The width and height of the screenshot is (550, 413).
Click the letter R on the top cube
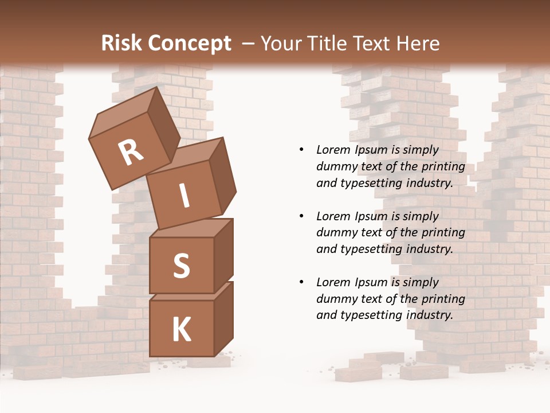(x=131, y=152)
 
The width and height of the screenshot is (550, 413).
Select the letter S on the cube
(x=181, y=266)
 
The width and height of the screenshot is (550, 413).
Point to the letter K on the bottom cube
(x=182, y=330)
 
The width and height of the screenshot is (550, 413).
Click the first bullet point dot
(x=301, y=150)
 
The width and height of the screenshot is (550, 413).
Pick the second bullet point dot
(x=301, y=216)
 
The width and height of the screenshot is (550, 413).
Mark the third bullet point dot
(x=301, y=282)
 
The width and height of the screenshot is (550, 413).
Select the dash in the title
(x=249, y=44)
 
